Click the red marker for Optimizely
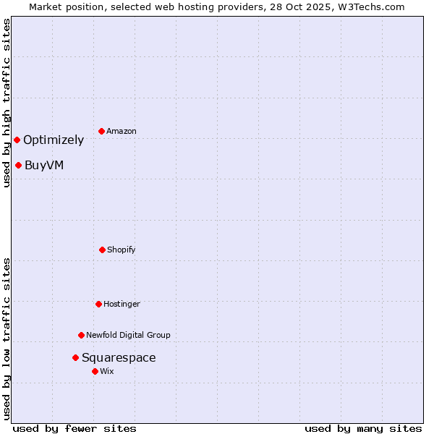pos(17,140)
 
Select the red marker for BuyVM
pos(18,165)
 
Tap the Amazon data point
pos(101,131)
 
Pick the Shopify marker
pos(102,250)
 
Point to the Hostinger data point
pos(98,304)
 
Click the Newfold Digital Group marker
pos(81,335)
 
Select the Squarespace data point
pos(75,357)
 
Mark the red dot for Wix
pos(95,371)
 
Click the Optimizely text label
pos(54,140)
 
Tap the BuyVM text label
pos(44,166)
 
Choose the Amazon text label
pos(122,132)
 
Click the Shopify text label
pos(122,250)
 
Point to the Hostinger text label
pos(122,305)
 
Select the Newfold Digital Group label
pos(128,336)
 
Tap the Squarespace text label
pos(119,358)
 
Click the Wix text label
pos(107,372)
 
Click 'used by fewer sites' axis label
pos(75,428)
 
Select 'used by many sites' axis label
pos(363,428)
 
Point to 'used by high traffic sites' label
pos(7,103)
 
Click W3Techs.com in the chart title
pos(370,7)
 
